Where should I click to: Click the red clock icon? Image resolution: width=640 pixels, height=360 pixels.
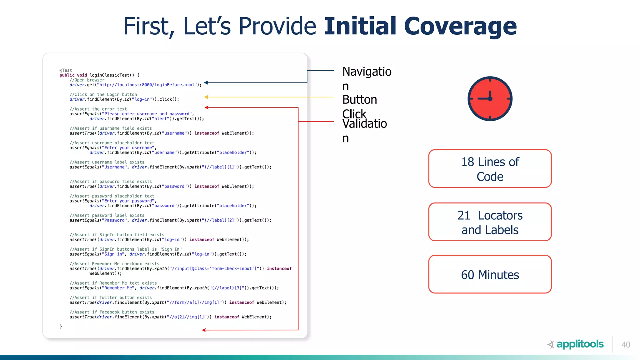pyautogui.click(x=490, y=99)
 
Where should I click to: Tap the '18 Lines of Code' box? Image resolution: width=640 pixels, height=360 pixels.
pyautogui.click(x=490, y=169)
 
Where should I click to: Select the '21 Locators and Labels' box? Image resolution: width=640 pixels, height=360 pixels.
pyautogui.click(x=490, y=222)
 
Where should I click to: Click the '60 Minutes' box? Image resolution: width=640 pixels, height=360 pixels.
pyautogui.click(x=490, y=274)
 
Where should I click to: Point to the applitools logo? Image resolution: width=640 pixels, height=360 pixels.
pyautogui.click(x=576, y=344)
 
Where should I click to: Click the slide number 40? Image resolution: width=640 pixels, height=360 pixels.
pyautogui.click(x=626, y=345)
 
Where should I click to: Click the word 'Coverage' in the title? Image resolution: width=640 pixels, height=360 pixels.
pyautogui.click(x=460, y=26)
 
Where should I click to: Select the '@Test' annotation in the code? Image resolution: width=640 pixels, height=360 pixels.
pyautogui.click(x=66, y=70)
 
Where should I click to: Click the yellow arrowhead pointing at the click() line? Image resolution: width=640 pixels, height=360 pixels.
pyautogui.click(x=206, y=97)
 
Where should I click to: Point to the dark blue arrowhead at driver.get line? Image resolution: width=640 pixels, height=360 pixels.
pyautogui.click(x=206, y=83)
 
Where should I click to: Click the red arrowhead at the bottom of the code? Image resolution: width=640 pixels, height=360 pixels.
pyautogui.click(x=204, y=330)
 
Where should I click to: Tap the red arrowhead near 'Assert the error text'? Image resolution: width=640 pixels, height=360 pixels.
pyautogui.click(x=207, y=107)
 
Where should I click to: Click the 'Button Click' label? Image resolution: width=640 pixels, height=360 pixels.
pyautogui.click(x=360, y=106)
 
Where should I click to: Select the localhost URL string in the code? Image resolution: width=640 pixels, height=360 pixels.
pyautogui.click(x=147, y=85)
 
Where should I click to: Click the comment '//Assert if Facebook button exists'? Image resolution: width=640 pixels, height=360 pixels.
pyautogui.click(x=112, y=312)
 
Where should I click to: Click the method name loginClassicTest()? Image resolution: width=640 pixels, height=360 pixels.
pyautogui.click(x=112, y=75)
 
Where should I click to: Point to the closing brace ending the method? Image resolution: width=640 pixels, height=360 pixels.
pyautogui.click(x=61, y=326)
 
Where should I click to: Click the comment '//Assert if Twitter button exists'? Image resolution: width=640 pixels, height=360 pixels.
pyautogui.click(x=111, y=298)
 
